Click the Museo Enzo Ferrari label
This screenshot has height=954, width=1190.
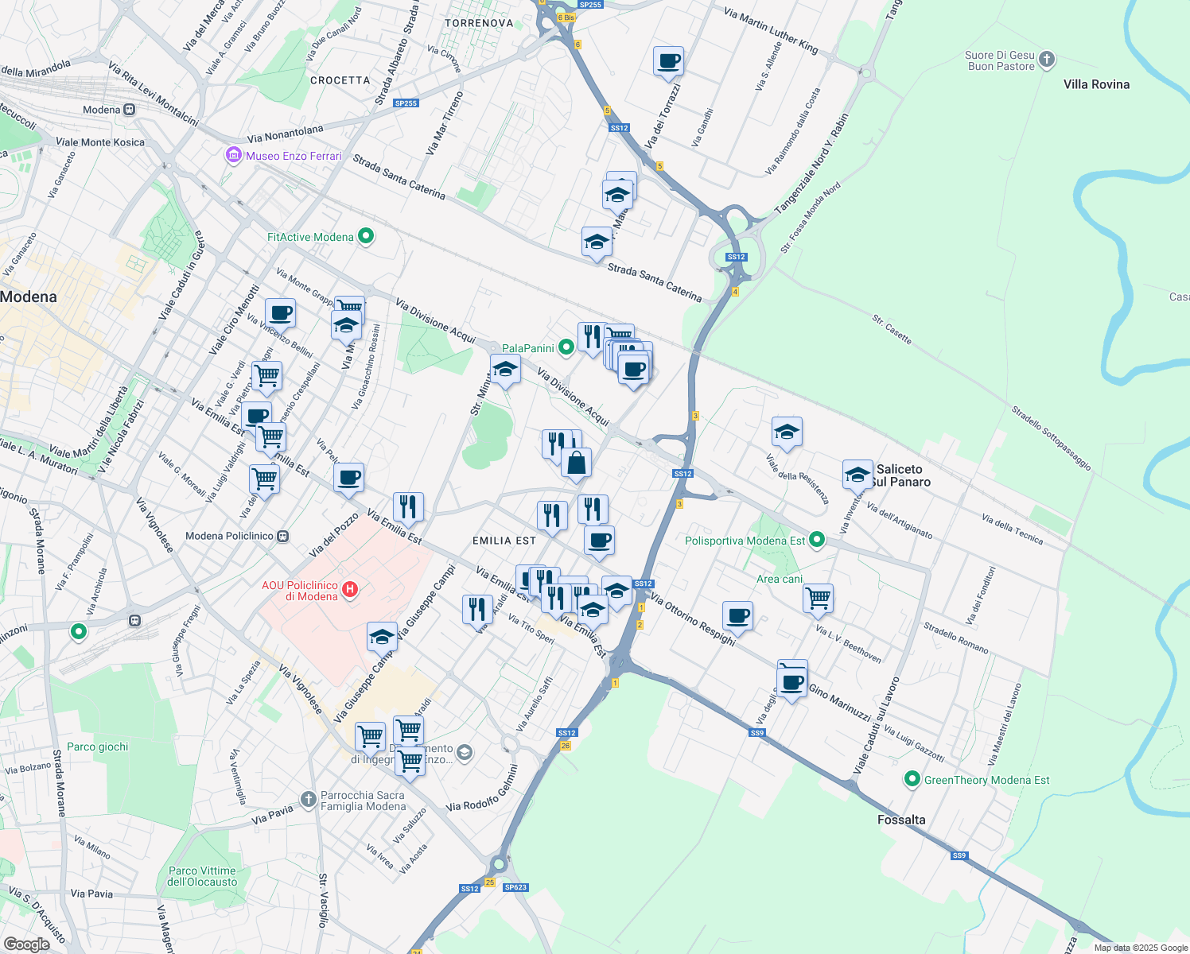(x=293, y=156)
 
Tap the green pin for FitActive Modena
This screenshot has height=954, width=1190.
(x=366, y=236)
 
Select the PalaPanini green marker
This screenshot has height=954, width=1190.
(x=566, y=347)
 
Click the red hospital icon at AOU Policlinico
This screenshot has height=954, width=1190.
(x=349, y=590)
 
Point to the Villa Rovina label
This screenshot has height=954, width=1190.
(x=1096, y=84)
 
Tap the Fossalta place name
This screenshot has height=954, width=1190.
(x=900, y=820)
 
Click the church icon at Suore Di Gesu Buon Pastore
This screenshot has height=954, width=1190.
(x=1047, y=60)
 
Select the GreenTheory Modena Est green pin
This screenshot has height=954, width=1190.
(x=912, y=780)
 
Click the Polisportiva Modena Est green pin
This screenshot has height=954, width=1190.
(x=817, y=541)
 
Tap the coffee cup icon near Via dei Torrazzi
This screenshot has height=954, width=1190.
(x=669, y=60)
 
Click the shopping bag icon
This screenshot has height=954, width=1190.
(x=576, y=463)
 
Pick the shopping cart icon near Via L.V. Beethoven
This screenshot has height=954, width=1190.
(x=818, y=598)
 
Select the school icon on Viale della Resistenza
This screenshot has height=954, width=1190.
(x=787, y=432)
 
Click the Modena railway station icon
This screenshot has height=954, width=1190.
(x=130, y=110)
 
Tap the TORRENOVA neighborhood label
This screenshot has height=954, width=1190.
(x=479, y=23)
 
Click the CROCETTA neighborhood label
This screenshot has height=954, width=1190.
(x=340, y=80)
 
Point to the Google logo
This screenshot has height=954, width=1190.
(x=26, y=944)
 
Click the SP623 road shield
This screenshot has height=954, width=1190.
(x=515, y=887)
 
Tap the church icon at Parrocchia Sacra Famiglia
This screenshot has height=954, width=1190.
(x=309, y=798)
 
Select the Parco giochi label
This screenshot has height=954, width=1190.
(x=97, y=747)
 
